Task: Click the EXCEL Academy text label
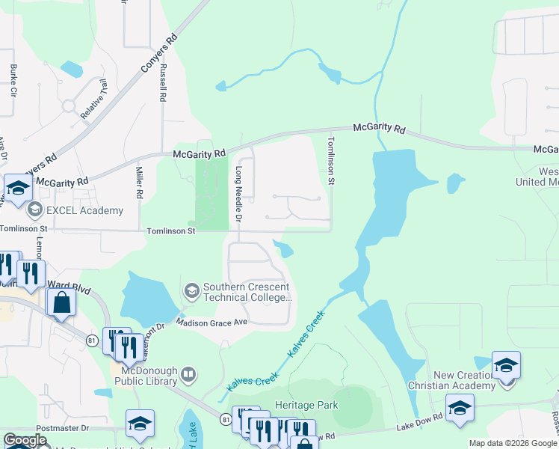pyautogui.click(x=84, y=210)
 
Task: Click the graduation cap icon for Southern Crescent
pyautogui.click(x=191, y=290)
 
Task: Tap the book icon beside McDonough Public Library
pyautogui.click(x=189, y=373)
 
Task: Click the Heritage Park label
pyautogui.click(x=306, y=405)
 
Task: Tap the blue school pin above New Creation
pyautogui.click(x=506, y=365)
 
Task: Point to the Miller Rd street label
pyautogui.click(x=139, y=183)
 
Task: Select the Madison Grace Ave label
pyautogui.click(x=211, y=322)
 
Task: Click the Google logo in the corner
pyautogui.click(x=25, y=440)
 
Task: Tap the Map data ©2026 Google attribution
pyautogui.click(x=512, y=443)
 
